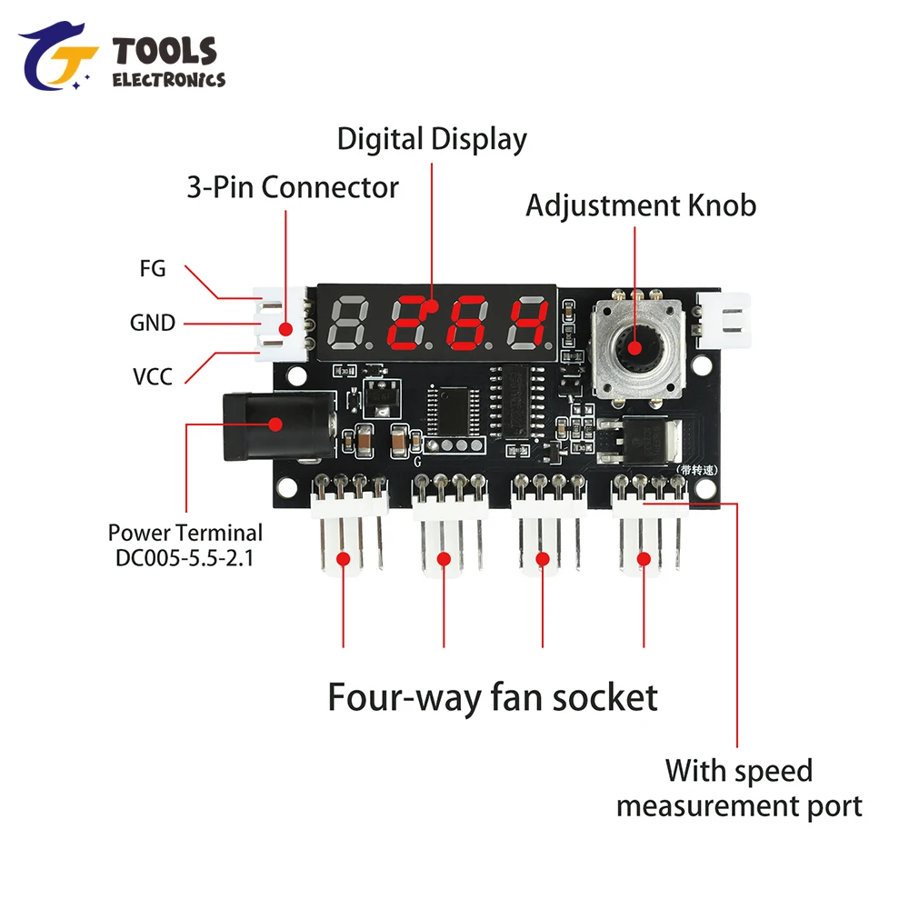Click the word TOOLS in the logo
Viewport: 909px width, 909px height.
[x=165, y=51]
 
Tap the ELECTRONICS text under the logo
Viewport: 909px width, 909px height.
[x=168, y=80]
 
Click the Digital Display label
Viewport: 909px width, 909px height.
[x=432, y=139]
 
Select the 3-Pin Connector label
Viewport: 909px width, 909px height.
[x=293, y=187]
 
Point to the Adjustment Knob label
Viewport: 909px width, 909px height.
[x=641, y=205]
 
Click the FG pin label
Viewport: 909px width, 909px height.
[x=153, y=268]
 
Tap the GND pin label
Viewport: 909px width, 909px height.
[x=153, y=322]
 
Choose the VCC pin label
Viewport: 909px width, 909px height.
[x=153, y=375]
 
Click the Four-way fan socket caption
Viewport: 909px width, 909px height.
[x=492, y=697]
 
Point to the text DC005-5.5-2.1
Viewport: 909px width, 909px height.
[x=185, y=557]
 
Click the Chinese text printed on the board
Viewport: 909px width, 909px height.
[x=697, y=469]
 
